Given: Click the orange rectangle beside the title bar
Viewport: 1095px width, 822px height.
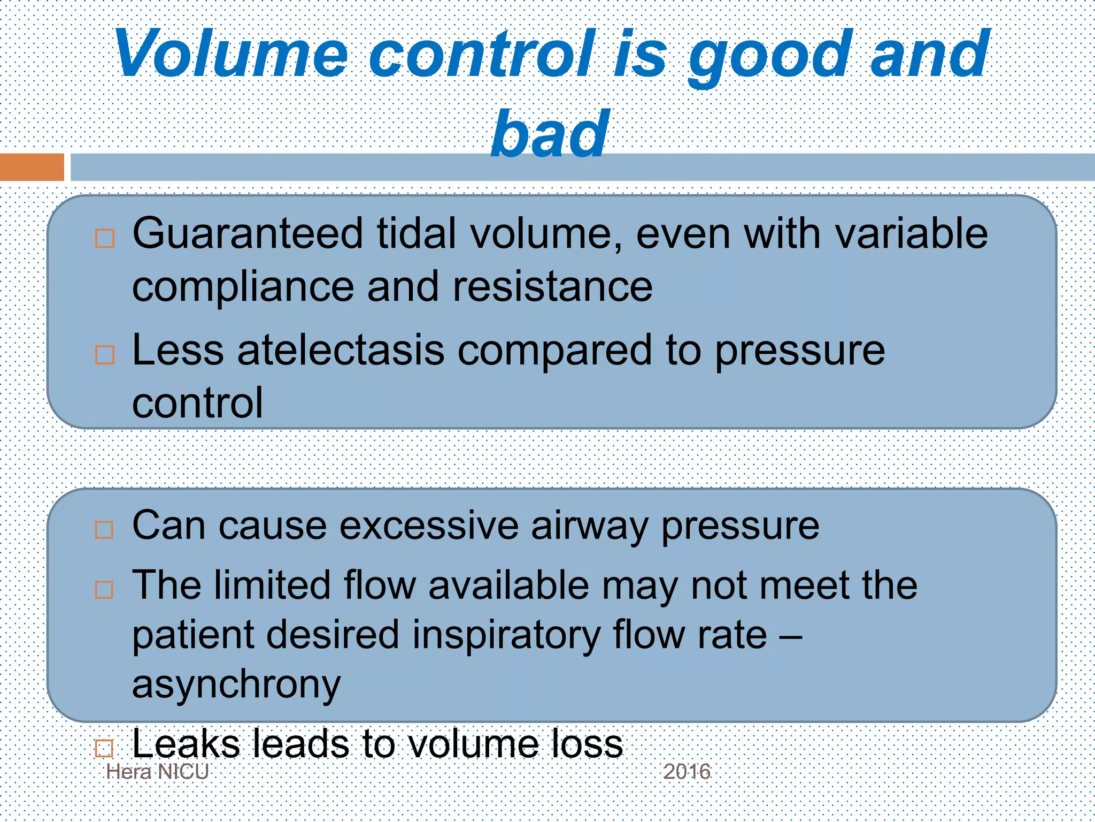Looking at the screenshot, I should pyautogui.click(x=32, y=167).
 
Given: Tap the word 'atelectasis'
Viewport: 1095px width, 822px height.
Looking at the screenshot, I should pyautogui.click(x=341, y=351).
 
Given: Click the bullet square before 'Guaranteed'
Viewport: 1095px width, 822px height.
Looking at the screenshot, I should pyautogui.click(x=105, y=239).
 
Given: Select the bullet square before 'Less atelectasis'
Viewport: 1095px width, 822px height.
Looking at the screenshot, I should pyautogui.click(x=105, y=355).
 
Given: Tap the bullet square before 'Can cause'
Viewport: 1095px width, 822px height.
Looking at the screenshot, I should pyautogui.click(x=104, y=530).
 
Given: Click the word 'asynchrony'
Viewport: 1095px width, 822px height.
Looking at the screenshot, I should pyautogui.click(x=236, y=685).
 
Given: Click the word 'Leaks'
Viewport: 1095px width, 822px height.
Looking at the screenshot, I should pyautogui.click(x=186, y=744).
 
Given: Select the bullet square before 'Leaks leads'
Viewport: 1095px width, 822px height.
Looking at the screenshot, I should pyautogui.click(x=104, y=748).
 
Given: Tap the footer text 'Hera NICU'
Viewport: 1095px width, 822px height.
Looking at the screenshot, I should pyautogui.click(x=157, y=772).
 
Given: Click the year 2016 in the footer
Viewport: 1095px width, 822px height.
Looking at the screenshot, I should pyautogui.click(x=687, y=772).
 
